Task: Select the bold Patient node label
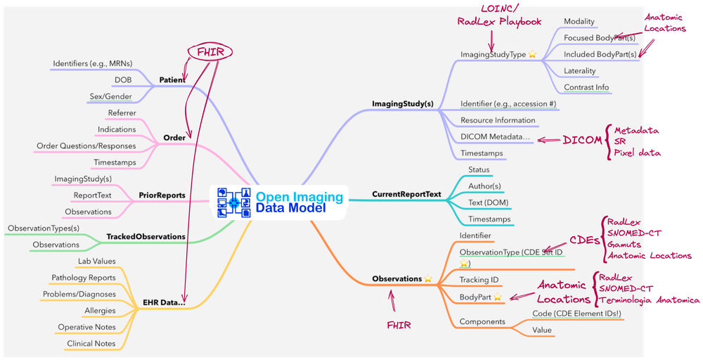(x=172, y=80)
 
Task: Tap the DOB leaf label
(x=123, y=79)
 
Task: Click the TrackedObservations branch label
(x=146, y=237)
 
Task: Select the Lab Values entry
(x=97, y=262)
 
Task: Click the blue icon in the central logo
(x=234, y=201)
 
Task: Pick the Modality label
(x=579, y=22)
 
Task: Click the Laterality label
(x=580, y=71)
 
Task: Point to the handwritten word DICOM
(x=582, y=141)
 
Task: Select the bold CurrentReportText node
(x=406, y=194)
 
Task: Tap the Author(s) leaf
(x=484, y=186)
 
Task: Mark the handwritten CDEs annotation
(x=584, y=240)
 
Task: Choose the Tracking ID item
(x=479, y=279)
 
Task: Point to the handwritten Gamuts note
(x=626, y=244)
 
